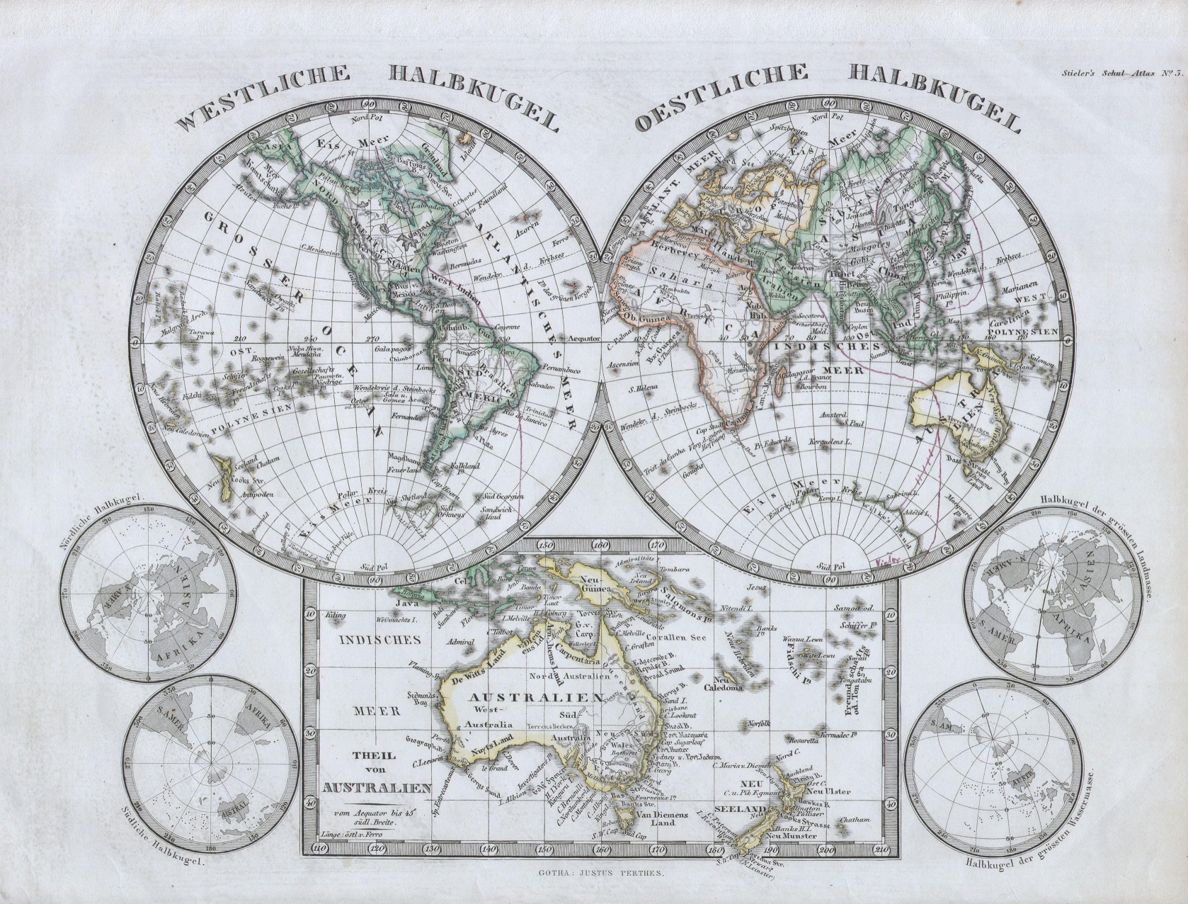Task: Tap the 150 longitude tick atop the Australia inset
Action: (x=544, y=545)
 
